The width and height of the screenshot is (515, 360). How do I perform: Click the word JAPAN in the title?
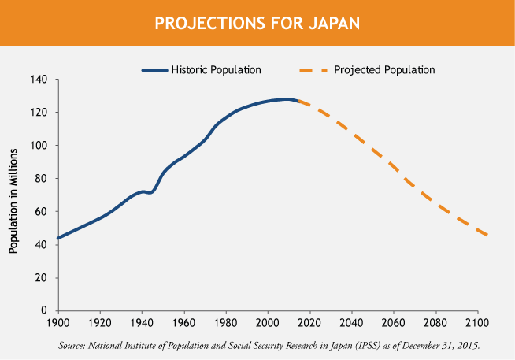tap(330, 23)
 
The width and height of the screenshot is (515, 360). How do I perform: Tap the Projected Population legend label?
tap(384, 69)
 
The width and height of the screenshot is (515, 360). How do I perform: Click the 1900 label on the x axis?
tap(58, 323)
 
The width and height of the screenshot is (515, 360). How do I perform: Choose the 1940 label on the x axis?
tap(143, 323)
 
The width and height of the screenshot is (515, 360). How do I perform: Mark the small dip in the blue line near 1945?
tap(150, 192)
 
